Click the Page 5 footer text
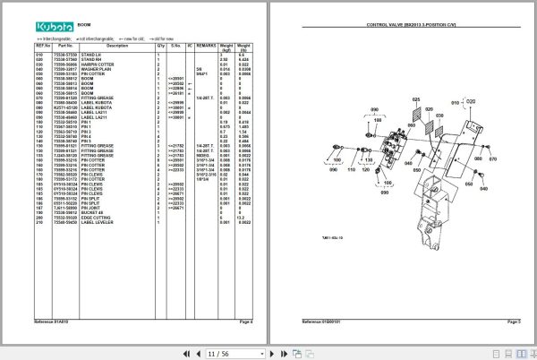click(x=514, y=320)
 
